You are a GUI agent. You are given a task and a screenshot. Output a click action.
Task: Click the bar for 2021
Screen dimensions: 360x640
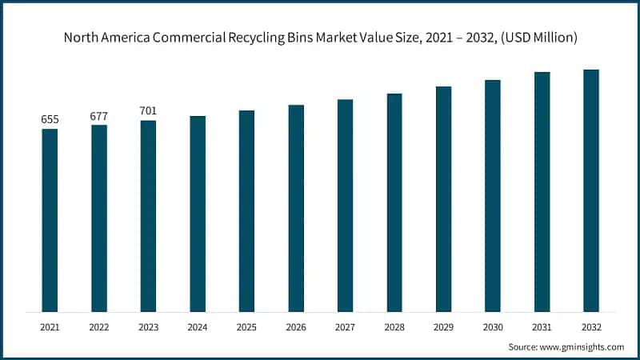(x=50, y=220)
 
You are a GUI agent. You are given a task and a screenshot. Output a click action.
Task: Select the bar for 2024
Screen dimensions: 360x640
(x=198, y=214)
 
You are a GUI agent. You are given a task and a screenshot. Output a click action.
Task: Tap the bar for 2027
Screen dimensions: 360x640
(x=346, y=206)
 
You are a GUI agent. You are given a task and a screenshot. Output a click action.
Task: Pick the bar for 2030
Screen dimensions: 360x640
(x=493, y=196)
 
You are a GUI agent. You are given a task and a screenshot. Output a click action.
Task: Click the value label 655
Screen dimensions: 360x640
(x=50, y=120)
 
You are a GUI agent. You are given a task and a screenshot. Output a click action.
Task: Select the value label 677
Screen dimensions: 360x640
(x=99, y=116)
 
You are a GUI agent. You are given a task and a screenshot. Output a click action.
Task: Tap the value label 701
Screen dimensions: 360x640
(x=148, y=112)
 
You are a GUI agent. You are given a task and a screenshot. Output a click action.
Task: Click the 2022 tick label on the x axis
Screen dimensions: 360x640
(x=99, y=327)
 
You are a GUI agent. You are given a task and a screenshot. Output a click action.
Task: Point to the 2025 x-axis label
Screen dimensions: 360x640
(x=246, y=327)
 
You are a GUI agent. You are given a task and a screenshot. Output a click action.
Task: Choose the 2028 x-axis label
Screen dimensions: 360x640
(x=394, y=327)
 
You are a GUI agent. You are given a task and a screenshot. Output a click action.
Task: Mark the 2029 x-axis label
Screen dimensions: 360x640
(x=443, y=327)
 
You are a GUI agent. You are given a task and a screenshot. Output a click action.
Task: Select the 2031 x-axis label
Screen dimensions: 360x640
(x=542, y=327)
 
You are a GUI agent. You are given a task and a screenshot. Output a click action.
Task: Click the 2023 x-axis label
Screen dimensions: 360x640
(x=148, y=327)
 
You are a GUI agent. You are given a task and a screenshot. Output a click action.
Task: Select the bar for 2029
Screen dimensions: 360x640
(x=443, y=199)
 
